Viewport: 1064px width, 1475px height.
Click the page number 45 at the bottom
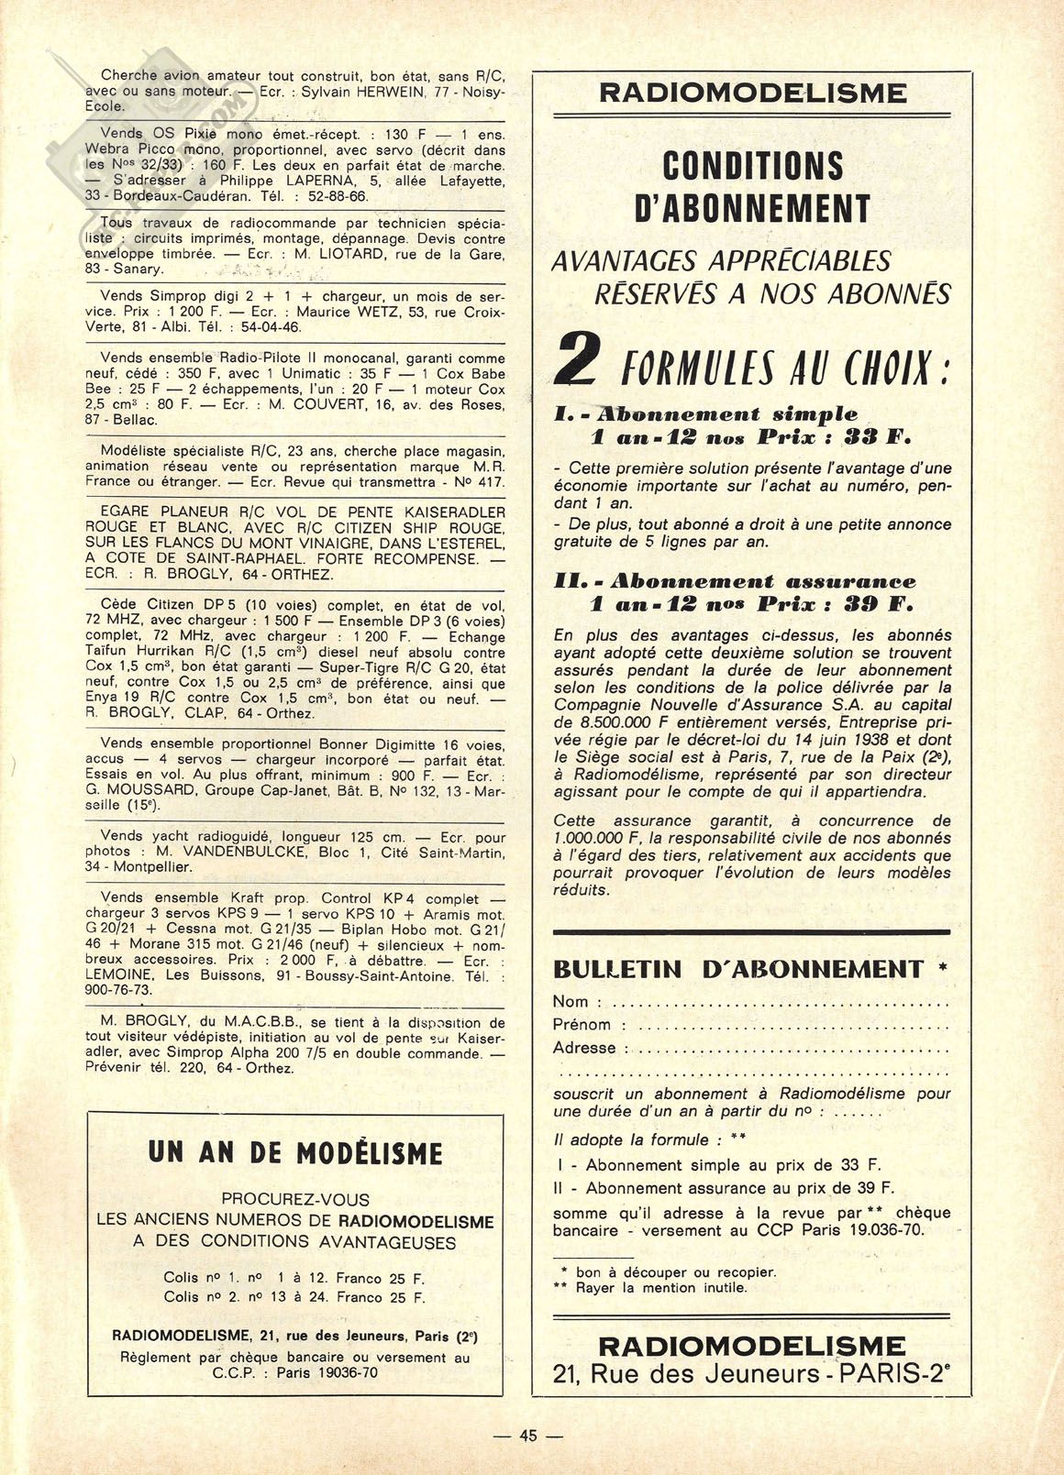click(527, 1436)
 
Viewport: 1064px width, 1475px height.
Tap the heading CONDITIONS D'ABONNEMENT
click(751, 187)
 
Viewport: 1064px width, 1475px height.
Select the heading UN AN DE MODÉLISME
click(294, 1152)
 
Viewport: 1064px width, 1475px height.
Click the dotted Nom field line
click(780, 1002)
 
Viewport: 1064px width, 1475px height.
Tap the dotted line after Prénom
click(789, 1025)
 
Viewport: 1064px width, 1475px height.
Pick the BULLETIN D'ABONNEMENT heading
click(738, 969)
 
